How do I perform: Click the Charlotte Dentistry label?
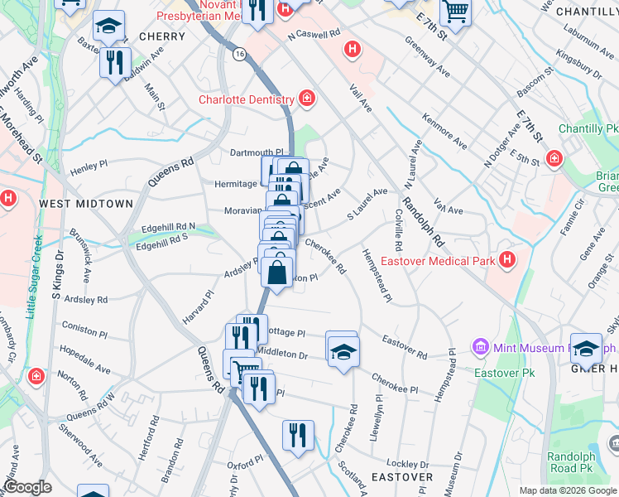[246, 99]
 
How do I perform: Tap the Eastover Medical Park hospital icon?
[508, 262]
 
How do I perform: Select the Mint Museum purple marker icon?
[479, 345]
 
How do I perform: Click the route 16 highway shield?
[240, 54]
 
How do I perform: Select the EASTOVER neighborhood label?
[402, 477]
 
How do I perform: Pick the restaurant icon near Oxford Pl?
[298, 434]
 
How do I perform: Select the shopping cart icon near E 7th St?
[454, 11]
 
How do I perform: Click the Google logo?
[27, 487]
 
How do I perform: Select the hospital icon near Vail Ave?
[353, 50]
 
